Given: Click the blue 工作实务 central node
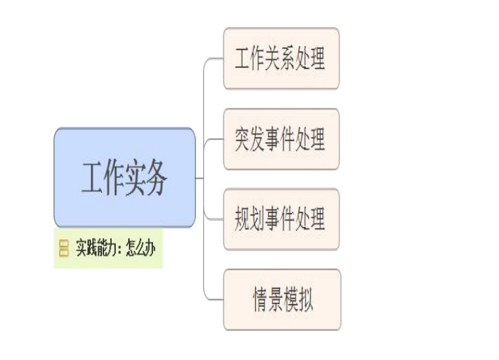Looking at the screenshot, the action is click(x=124, y=177).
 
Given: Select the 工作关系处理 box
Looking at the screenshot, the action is click(x=281, y=58).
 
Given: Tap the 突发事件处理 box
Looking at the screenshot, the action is click(x=281, y=139).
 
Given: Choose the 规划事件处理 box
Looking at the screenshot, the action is click(x=281, y=219).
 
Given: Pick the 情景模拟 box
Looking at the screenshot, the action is click(x=282, y=300).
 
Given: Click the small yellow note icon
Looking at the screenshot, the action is click(x=64, y=248).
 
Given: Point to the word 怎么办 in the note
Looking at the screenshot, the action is click(x=141, y=248).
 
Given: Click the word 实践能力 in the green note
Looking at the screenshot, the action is click(x=95, y=248).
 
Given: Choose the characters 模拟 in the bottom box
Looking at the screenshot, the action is click(x=298, y=300).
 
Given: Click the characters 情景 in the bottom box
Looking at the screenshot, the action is click(x=268, y=300).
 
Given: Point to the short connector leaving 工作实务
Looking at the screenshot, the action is click(x=199, y=178).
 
